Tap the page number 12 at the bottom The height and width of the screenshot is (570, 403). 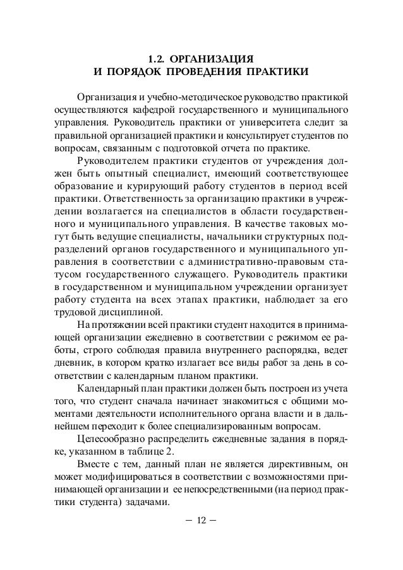201,520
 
